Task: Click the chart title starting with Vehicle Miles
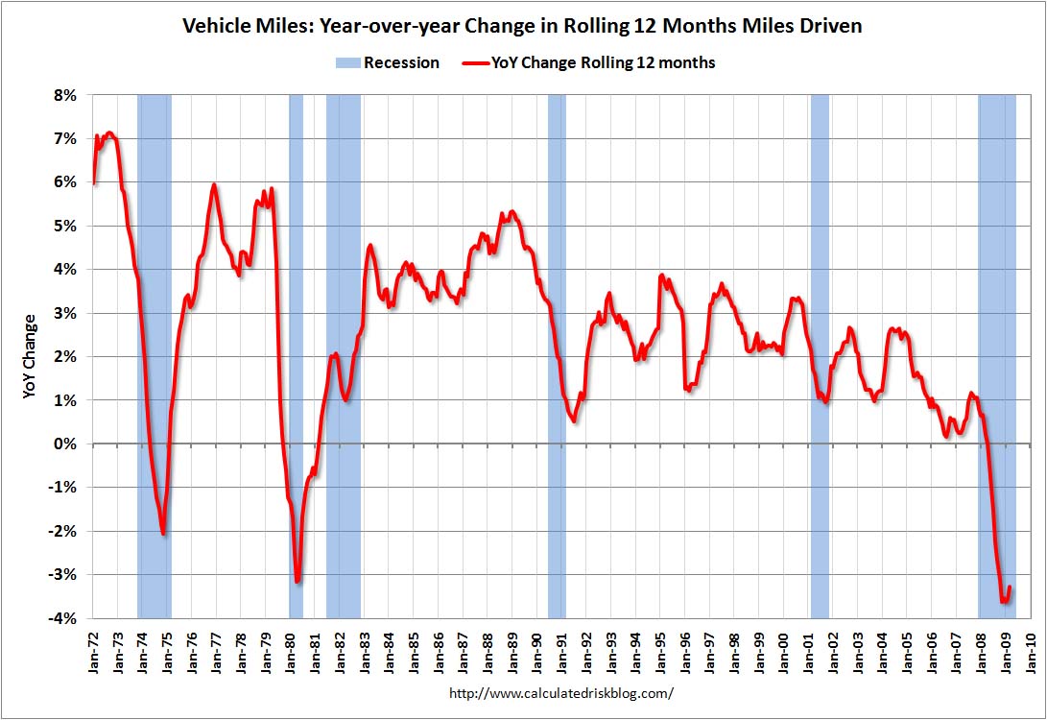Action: click(522, 26)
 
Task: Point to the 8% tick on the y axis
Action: click(64, 96)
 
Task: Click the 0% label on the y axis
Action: click(64, 444)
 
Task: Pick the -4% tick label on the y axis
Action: click(62, 618)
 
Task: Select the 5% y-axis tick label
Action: click(64, 227)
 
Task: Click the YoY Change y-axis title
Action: click(30, 356)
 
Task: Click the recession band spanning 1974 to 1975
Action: click(155, 355)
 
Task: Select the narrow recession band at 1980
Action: click(296, 355)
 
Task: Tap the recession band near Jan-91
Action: click(557, 355)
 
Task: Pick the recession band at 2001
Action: click(820, 355)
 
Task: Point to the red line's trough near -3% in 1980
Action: click(297, 580)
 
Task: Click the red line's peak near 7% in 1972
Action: click(110, 132)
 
